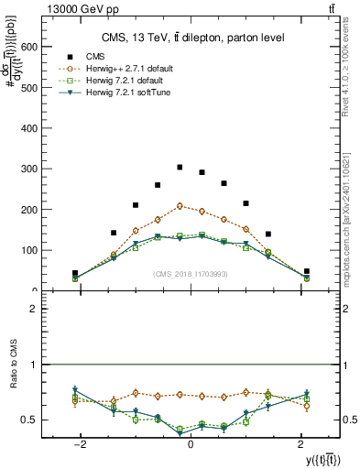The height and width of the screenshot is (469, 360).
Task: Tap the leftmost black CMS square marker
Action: pos(75,273)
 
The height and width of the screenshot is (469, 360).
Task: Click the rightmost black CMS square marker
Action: pos(306,271)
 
